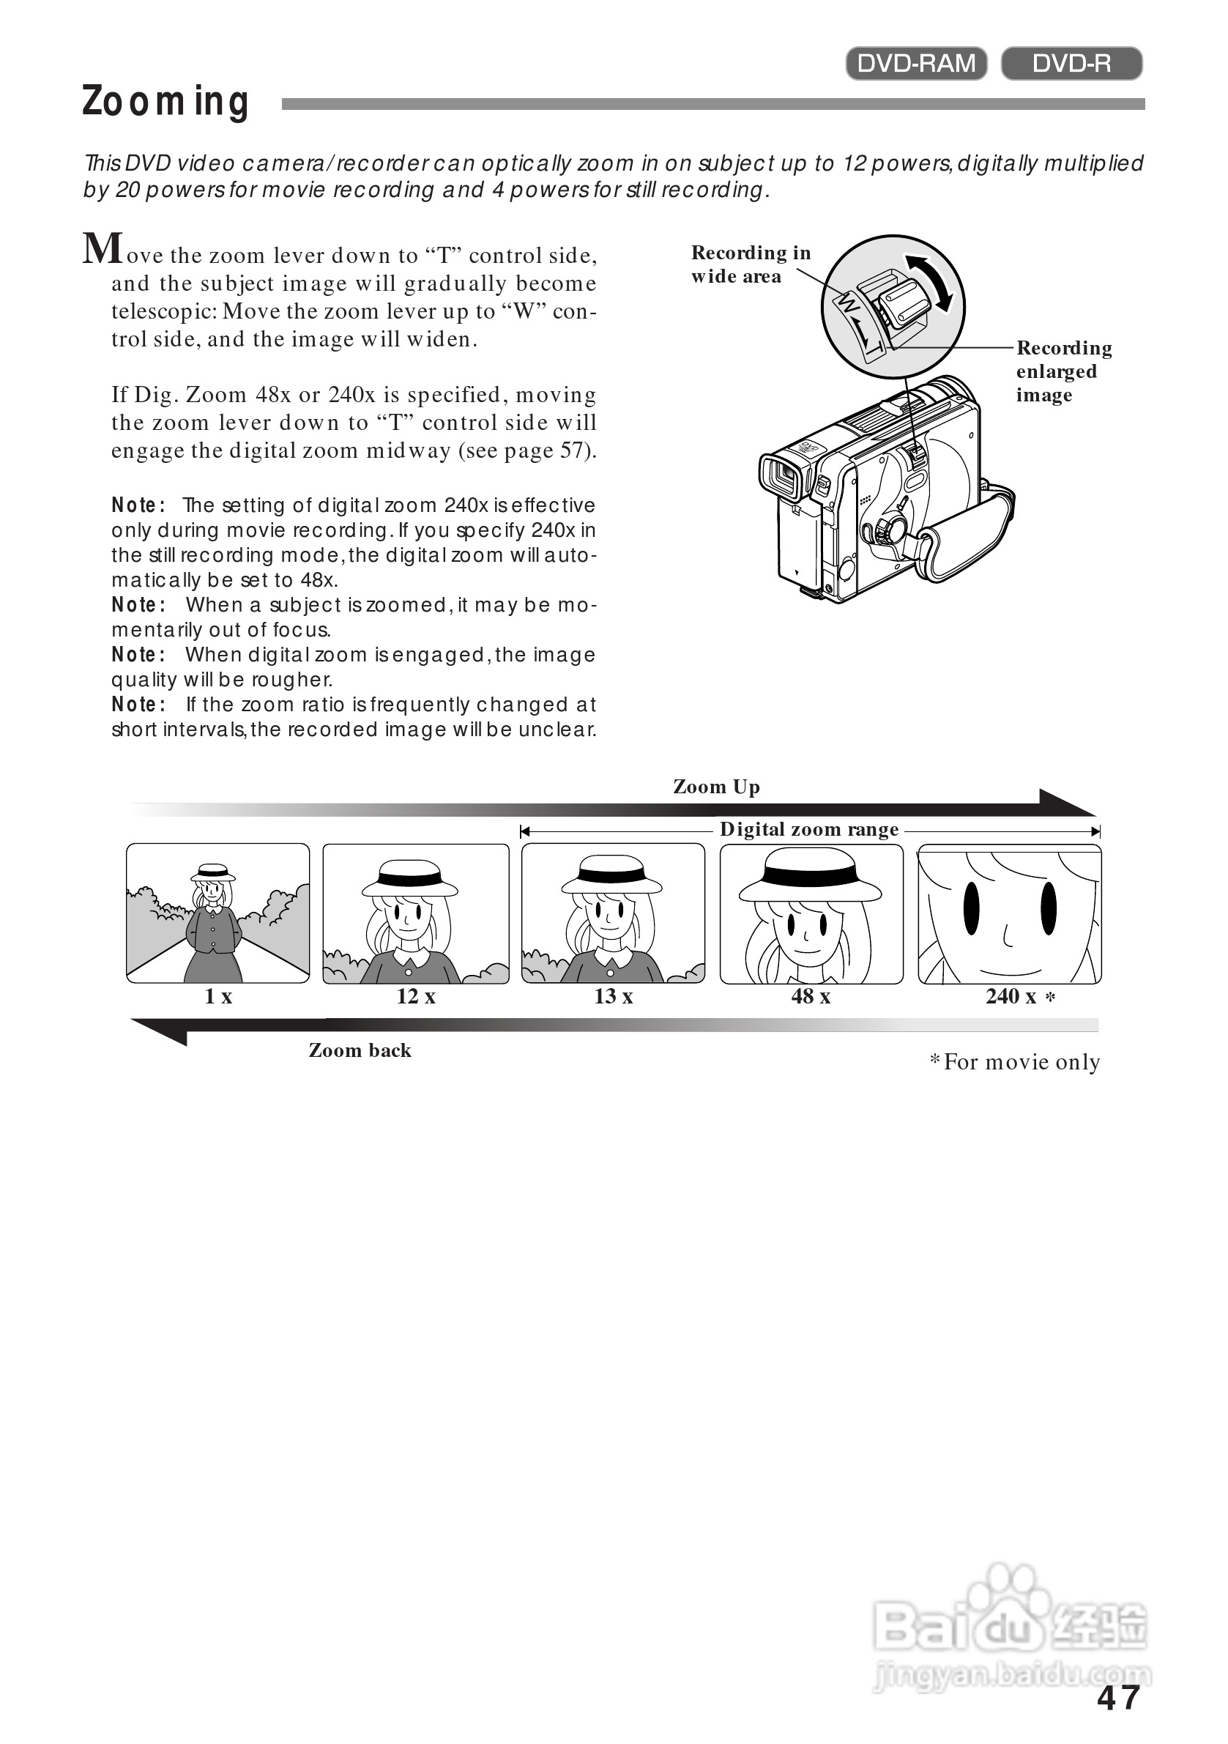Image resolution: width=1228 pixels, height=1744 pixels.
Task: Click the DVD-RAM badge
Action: click(x=916, y=63)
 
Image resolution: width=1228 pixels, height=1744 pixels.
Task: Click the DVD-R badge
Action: click(x=1071, y=63)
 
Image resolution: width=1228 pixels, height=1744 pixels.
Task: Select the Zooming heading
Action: click(x=165, y=102)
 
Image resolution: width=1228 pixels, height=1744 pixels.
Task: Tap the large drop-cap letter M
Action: click(x=103, y=248)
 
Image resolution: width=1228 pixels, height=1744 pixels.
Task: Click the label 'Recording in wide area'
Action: click(x=750, y=264)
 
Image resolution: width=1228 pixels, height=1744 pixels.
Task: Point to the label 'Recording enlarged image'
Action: click(x=1063, y=371)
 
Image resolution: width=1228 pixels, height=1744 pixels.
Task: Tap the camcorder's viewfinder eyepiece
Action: click(x=782, y=475)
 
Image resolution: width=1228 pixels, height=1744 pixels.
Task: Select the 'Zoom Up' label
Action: click(x=716, y=787)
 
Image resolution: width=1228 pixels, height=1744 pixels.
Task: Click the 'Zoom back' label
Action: click(x=360, y=1050)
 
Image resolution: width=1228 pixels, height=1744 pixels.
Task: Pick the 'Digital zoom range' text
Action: click(x=809, y=829)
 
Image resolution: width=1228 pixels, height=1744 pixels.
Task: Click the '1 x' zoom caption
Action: click(x=218, y=997)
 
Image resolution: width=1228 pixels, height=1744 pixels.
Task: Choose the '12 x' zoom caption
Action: click(x=415, y=997)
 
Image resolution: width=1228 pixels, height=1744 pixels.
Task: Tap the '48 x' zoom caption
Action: click(x=811, y=997)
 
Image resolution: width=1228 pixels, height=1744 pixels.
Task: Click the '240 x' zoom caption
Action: click(x=1011, y=997)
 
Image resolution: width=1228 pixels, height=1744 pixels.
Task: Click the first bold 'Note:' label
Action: click(x=138, y=505)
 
